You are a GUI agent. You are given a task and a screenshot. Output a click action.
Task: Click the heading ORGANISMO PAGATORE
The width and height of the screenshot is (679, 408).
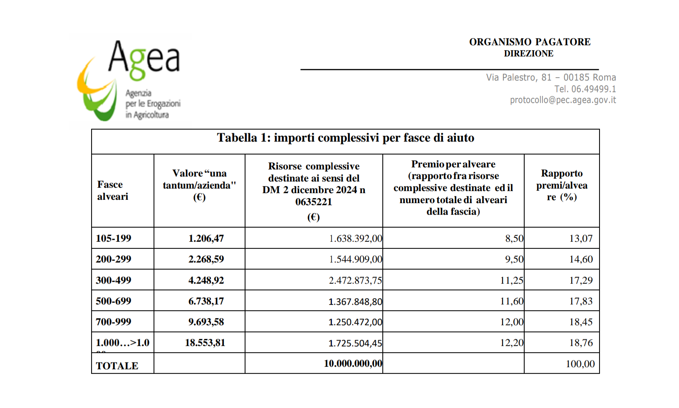[x=530, y=42]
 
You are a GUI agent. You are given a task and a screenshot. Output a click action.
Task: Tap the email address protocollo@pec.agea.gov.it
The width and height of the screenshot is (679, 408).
[x=563, y=100]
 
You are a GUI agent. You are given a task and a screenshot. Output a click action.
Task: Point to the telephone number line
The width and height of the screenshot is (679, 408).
[x=585, y=89]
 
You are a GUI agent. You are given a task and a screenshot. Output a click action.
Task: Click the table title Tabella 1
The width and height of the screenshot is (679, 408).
[x=345, y=138]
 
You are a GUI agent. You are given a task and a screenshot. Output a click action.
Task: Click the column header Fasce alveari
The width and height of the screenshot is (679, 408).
[x=113, y=190]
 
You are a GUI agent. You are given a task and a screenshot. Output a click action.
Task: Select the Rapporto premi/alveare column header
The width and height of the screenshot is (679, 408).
[x=562, y=185]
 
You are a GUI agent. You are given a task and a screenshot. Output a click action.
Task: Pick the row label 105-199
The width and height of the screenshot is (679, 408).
[x=114, y=238]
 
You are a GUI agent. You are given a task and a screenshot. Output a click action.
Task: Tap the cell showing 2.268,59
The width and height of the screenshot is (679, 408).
[x=206, y=259]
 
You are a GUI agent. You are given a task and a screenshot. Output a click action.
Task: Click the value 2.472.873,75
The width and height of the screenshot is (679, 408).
[x=355, y=280]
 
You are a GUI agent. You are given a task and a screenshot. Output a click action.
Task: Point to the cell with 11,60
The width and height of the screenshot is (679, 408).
[x=512, y=301]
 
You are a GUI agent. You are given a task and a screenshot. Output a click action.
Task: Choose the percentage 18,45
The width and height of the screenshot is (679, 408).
[x=581, y=322]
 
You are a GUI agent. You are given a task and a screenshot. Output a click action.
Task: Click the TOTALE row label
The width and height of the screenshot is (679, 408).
[x=117, y=366]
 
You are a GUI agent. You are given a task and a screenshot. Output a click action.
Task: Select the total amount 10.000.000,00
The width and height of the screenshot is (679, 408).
[x=353, y=364]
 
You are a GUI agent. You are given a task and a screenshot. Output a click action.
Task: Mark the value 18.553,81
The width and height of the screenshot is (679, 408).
[x=205, y=343]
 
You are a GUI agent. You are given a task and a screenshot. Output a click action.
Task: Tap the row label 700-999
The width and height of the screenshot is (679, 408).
[x=114, y=322]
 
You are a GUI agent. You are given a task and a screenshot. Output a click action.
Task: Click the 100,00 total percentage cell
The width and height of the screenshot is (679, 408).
[x=580, y=364]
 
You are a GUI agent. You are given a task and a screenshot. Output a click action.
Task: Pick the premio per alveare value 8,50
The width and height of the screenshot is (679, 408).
[x=514, y=238]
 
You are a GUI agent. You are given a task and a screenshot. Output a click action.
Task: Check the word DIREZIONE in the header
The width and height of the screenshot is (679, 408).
[x=528, y=54]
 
